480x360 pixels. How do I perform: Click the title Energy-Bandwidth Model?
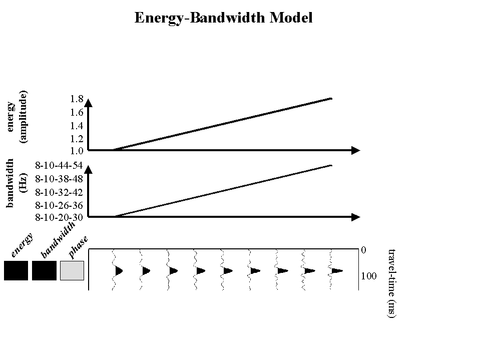tap(223, 18)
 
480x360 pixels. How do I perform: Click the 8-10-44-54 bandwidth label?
tap(59, 165)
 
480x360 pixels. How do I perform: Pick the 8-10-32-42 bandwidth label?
tap(59, 192)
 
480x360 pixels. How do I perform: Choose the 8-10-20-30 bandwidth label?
tap(59, 218)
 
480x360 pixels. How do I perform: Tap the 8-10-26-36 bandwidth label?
tap(59, 205)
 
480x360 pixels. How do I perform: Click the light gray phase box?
tap(72, 270)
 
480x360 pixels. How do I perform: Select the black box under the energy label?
tap(16, 270)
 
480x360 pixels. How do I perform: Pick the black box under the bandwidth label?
tap(44, 270)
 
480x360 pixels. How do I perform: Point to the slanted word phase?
tap(79, 248)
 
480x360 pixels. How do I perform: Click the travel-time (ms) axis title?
tap(392, 283)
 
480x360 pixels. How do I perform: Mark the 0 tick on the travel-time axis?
tap(364, 249)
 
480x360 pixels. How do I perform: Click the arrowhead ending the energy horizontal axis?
tap(356, 150)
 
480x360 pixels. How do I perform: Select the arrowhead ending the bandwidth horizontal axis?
tap(356, 217)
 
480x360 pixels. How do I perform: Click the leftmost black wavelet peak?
tap(119, 271)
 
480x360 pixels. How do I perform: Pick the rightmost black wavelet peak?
tap(336, 271)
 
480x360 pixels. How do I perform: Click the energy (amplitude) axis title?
tap(17, 117)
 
